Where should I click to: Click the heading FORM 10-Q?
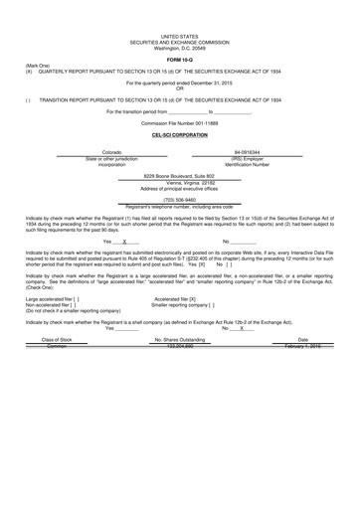tap(180, 60)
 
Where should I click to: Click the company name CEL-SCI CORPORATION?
tap(180, 133)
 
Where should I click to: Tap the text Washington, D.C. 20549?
tap(180, 48)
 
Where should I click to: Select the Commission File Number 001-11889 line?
tap(180, 122)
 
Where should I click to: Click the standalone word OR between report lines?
tap(180, 88)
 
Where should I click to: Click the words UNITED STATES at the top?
tap(180, 35)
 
